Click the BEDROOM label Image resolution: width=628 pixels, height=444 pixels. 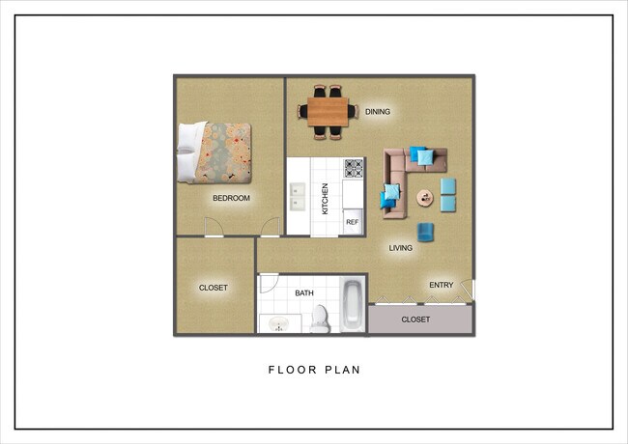coord(231,199)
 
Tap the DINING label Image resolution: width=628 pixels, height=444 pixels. coord(378,112)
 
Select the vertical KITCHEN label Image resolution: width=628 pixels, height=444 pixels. coord(326,198)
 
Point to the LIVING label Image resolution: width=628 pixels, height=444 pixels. coord(401,248)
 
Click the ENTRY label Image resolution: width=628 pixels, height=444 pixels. coord(441,285)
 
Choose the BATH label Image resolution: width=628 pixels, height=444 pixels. coord(304,292)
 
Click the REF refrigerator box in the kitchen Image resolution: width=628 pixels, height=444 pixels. coord(352,222)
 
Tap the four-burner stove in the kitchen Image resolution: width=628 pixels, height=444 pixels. coord(353,169)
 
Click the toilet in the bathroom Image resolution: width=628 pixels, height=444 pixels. coord(321,319)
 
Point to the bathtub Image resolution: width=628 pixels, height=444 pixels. coord(353,305)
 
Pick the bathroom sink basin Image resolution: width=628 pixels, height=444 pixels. coord(280,322)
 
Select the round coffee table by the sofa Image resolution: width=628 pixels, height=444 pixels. coord(423,198)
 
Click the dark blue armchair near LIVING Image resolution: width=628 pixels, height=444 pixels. coord(425,232)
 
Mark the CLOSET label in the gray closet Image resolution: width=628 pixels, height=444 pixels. coord(415,319)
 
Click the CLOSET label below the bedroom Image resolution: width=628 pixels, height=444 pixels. coord(213,288)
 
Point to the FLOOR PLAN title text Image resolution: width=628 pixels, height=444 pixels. coord(314,370)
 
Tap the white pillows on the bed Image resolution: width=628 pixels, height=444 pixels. coord(188,152)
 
